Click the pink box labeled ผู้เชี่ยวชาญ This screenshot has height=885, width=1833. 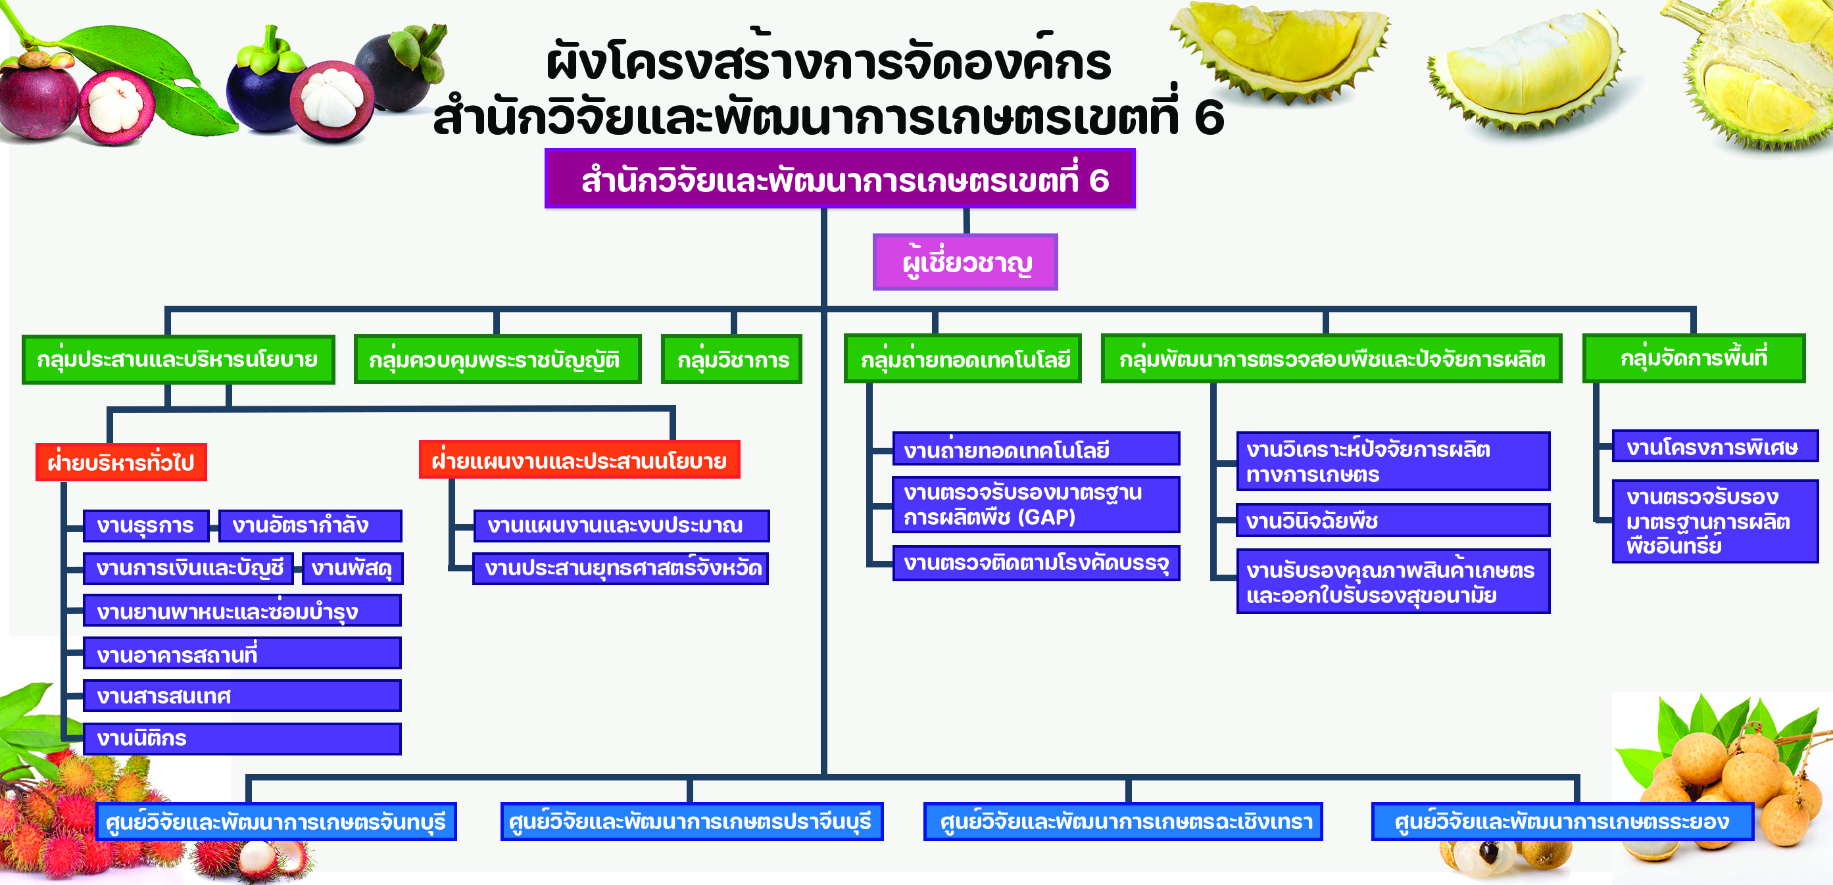click(965, 262)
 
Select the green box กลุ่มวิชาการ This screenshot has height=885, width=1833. click(731, 359)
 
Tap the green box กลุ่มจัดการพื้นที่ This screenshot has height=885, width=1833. click(1694, 358)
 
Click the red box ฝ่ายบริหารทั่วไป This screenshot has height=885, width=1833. click(121, 462)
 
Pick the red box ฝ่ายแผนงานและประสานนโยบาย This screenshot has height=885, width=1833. click(579, 460)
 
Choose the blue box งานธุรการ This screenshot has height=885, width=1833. click(146, 526)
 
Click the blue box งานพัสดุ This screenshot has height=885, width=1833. click(353, 569)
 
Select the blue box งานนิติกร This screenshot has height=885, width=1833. click(242, 738)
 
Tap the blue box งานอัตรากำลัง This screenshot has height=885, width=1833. click(310, 526)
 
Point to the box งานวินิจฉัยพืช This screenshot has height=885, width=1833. click(1392, 520)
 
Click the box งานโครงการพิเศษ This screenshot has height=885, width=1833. click(1715, 446)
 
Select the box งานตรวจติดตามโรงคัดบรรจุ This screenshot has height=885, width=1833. click(1036, 563)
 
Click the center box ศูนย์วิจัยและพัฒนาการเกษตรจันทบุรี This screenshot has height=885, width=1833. click(276, 822)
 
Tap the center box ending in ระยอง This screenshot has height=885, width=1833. click(1563, 822)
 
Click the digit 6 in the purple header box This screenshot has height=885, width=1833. click(1098, 180)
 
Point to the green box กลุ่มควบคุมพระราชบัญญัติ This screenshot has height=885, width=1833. click(497, 359)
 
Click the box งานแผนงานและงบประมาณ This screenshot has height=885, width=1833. click(622, 526)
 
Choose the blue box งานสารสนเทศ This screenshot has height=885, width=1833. click(242, 696)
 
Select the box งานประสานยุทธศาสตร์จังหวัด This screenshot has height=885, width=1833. click(620, 569)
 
